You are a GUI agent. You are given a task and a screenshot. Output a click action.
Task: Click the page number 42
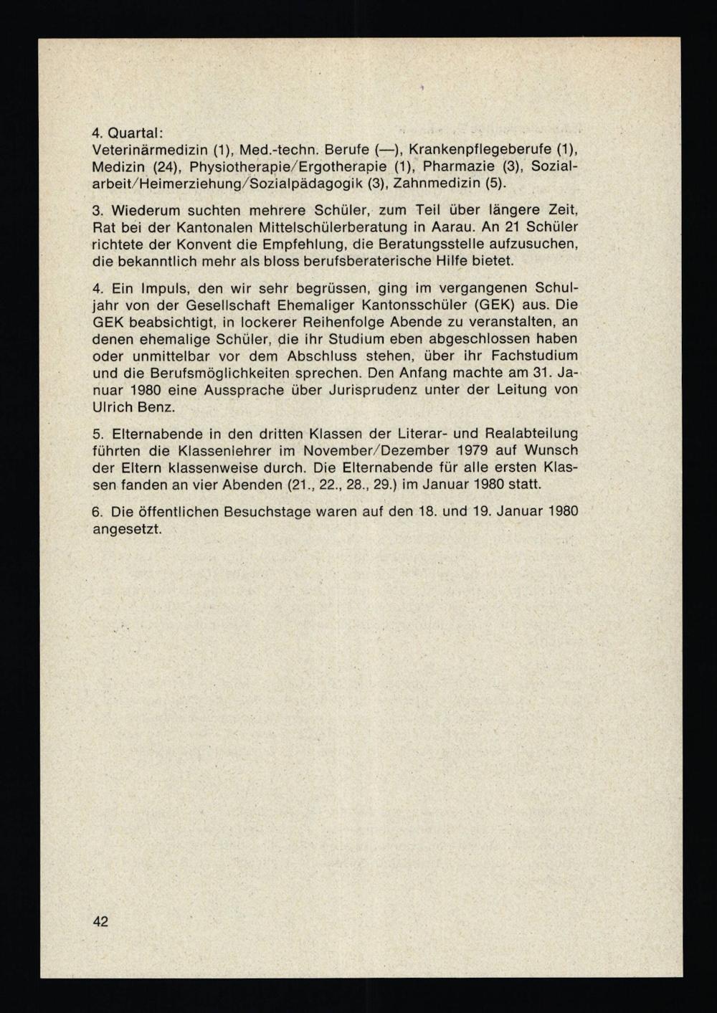pos(100,921)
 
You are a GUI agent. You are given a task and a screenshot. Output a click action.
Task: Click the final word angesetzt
pos(127,530)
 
